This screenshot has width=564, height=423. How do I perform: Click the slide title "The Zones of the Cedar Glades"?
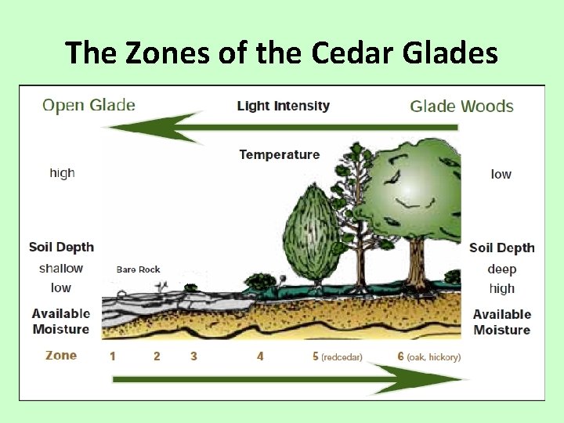click(282, 52)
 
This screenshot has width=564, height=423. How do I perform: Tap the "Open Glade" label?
click(89, 105)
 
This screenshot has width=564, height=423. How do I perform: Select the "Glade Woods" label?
click(461, 107)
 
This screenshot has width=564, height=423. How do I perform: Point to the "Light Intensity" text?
click(284, 106)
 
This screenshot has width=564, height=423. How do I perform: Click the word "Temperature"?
click(280, 154)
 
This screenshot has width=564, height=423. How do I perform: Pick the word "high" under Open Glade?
click(62, 173)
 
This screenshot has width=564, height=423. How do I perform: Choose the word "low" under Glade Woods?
click(501, 174)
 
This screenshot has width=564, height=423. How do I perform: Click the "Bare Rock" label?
click(138, 269)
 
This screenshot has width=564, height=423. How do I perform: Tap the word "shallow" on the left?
click(61, 268)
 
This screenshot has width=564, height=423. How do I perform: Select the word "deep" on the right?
click(502, 269)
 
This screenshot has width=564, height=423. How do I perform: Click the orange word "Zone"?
click(61, 355)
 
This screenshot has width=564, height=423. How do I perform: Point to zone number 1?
click(113, 356)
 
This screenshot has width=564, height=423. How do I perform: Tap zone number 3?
click(193, 356)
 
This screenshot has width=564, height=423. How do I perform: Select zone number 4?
click(260, 356)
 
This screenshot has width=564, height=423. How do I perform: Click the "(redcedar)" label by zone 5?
click(342, 357)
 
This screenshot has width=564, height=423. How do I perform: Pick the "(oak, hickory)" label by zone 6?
click(434, 357)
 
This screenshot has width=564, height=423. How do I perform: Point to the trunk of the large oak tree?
click(416, 262)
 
